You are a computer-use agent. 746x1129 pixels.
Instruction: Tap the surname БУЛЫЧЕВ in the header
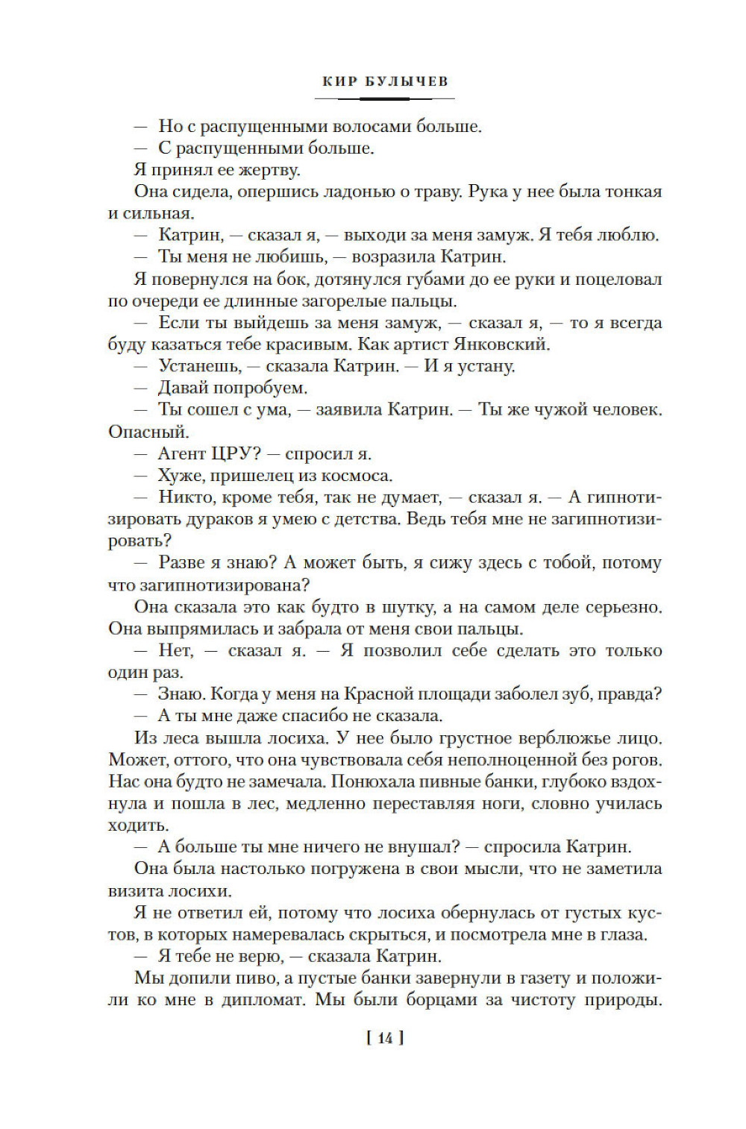407,81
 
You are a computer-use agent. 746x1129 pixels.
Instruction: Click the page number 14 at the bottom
385,1038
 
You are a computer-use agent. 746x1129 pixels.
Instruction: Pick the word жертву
263,170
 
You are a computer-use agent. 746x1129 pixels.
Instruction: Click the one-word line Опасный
148,432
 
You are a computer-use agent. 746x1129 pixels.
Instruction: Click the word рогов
639,760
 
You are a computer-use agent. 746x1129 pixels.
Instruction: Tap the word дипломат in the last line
264,1000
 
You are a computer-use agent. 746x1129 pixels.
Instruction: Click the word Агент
183,453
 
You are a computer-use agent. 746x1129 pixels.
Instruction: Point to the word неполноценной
527,760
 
